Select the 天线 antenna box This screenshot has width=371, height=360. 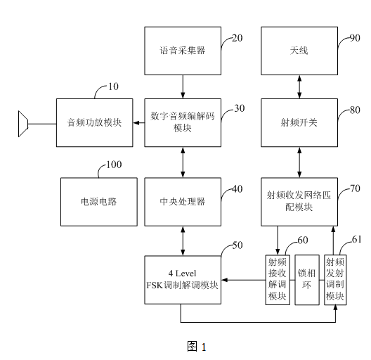tap(300, 51)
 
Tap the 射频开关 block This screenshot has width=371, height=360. tap(300, 122)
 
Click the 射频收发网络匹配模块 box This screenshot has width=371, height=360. tap(300, 201)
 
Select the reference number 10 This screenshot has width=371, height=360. tap(112, 86)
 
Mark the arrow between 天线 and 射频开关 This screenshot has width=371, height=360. tap(300, 86)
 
